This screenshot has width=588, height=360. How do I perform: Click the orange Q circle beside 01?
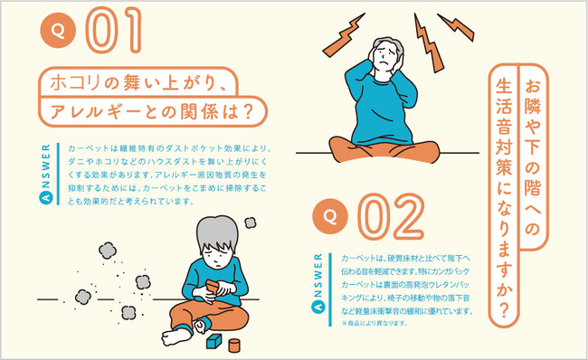[x=58, y=31]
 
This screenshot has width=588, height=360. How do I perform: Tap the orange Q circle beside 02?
[x=330, y=216]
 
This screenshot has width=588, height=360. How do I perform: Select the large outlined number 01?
[x=114, y=30]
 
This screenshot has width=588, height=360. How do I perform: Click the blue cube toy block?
[x=213, y=341]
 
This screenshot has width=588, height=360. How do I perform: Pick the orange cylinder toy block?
[x=234, y=346]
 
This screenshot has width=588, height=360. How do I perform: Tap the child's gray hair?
[x=217, y=232]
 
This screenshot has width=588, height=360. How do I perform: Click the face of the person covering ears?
[x=385, y=57]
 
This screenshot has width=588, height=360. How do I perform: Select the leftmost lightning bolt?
[x=344, y=35]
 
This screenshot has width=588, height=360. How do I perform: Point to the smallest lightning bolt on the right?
[x=456, y=26]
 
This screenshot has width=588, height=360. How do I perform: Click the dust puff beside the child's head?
[x=250, y=223]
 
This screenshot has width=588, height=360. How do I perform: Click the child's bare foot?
[x=175, y=336]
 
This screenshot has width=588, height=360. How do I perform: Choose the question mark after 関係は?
[x=246, y=112]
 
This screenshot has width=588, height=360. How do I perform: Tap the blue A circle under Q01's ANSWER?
[x=46, y=197]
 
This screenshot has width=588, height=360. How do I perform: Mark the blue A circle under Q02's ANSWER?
[x=318, y=308]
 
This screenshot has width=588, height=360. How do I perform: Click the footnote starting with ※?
[x=374, y=323]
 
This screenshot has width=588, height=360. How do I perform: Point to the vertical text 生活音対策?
[x=504, y=128]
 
